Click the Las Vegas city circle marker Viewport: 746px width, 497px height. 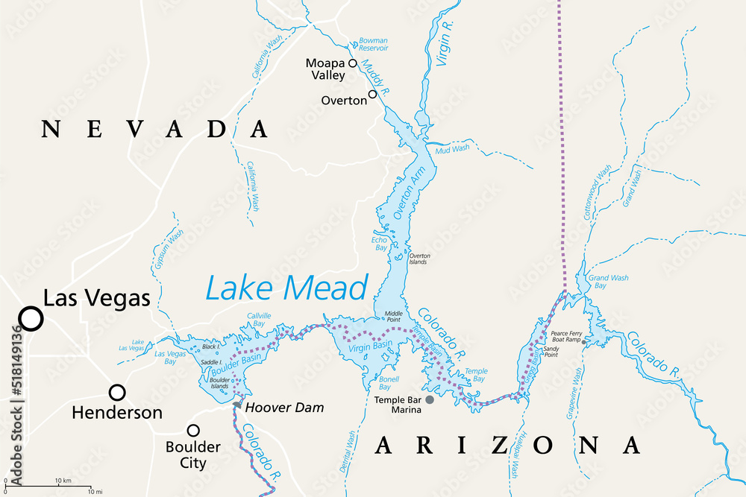[x=31, y=318]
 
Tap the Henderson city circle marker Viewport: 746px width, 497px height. [x=117, y=392]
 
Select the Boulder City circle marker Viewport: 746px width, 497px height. [x=193, y=430]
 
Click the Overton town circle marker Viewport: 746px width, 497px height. [x=372, y=95]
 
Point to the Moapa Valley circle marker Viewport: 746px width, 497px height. [x=353, y=63]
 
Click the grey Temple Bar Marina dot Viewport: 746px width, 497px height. [x=429, y=399]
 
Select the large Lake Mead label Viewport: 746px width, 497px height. [x=286, y=288]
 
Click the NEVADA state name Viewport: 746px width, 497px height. [x=154, y=129]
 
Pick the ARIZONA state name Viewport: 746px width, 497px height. [x=507, y=445]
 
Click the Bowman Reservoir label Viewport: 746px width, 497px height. [x=373, y=44]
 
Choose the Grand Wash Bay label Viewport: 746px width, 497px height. [x=608, y=282]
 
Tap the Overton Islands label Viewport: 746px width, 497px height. [x=419, y=259]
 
